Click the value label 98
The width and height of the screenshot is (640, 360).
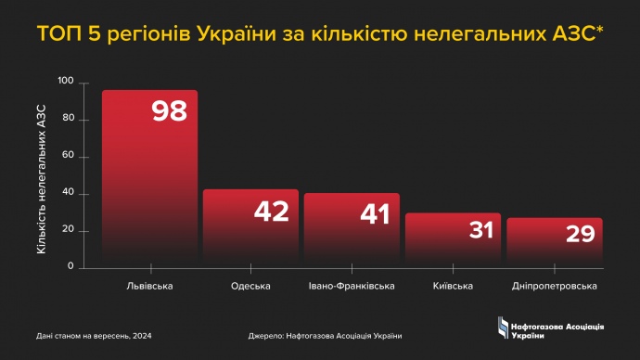point(169,111)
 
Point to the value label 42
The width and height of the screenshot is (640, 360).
point(272,212)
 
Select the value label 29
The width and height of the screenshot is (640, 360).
point(580,234)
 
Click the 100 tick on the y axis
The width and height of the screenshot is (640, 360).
point(65,82)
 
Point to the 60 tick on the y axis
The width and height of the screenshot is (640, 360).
point(68,156)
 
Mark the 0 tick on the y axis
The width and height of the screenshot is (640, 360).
point(70,267)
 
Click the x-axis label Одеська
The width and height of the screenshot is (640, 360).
point(250,286)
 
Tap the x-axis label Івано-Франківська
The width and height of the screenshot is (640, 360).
point(352,286)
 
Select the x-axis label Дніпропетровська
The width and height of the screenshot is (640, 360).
point(554,286)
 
